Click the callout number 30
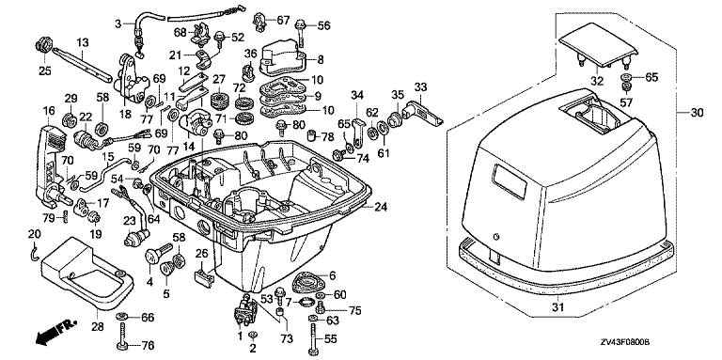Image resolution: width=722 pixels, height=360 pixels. pos(698,113)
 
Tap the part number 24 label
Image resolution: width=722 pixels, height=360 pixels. pos(381,207)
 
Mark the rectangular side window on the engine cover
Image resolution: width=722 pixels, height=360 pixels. pos(510,180)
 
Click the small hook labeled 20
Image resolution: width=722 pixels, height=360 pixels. pos(33,255)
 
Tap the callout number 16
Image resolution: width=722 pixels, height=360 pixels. pos(49,111)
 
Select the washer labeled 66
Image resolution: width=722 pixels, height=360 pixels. pos(122,316)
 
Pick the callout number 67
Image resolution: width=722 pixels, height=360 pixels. pos(283,20)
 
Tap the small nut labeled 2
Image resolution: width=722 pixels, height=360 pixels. pos(252,335)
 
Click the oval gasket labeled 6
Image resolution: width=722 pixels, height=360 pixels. pos(308,282)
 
